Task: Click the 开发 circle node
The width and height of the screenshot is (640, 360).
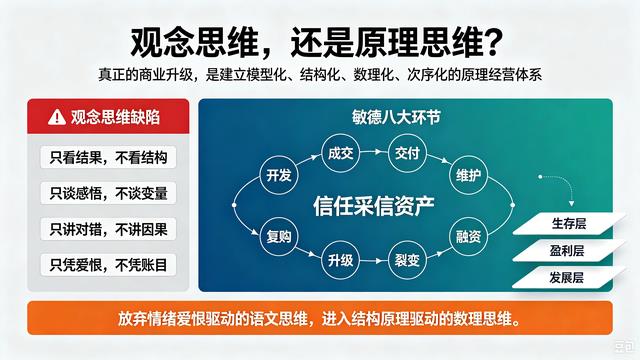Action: tap(279, 175)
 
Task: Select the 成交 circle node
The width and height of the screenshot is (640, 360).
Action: tap(340, 153)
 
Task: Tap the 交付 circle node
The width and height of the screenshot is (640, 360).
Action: tap(407, 153)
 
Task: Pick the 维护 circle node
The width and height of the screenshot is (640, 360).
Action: tap(468, 175)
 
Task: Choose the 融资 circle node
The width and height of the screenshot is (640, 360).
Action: tap(468, 236)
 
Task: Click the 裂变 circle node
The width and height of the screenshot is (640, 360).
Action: tap(407, 260)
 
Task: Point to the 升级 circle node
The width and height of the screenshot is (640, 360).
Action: tap(340, 260)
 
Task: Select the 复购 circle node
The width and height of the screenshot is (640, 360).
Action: tap(279, 236)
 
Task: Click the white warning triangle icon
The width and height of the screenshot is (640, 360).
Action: tap(57, 117)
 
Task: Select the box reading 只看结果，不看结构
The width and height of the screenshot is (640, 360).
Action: tap(108, 157)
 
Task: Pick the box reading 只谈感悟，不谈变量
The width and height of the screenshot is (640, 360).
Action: tap(108, 193)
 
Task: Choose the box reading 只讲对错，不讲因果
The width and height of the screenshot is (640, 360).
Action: tap(108, 229)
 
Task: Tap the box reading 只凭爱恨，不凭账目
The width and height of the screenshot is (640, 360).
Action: tap(108, 265)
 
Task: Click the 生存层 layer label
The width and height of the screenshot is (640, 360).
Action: tap(569, 224)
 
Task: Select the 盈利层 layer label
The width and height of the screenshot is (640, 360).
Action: tap(567, 251)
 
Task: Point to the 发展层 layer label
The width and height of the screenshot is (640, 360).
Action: tap(567, 278)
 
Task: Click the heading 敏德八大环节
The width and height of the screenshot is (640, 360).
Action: tap(396, 118)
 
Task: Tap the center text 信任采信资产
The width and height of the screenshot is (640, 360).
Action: tap(373, 206)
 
